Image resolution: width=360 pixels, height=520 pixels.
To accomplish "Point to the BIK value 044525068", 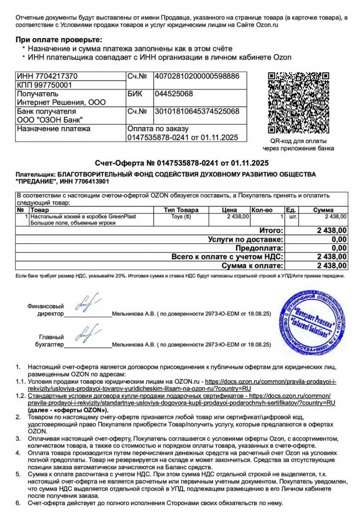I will (174, 94).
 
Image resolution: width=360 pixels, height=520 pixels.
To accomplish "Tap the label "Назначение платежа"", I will (53, 129).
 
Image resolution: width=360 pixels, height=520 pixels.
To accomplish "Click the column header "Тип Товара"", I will (181, 210).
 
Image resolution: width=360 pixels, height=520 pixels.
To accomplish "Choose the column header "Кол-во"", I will (265, 210).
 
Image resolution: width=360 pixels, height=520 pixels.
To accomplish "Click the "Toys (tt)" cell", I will (181, 217).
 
